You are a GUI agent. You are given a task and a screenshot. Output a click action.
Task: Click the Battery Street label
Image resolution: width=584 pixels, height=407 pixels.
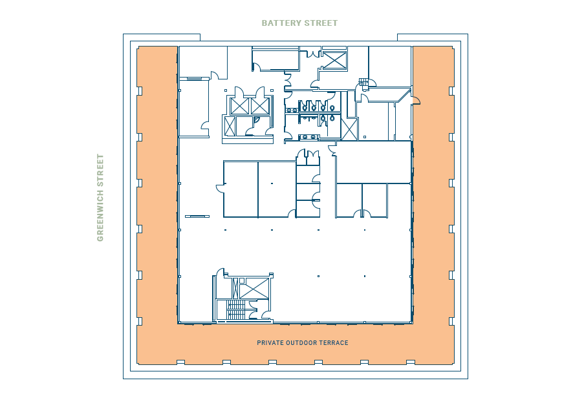click(x=299, y=23)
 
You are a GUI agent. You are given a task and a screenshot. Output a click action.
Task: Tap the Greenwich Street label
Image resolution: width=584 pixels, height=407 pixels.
click(x=100, y=197)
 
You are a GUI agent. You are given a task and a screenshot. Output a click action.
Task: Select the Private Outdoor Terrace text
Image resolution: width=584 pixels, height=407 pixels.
click(x=302, y=343)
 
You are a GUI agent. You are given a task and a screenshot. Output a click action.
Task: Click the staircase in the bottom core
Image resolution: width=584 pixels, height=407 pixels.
click(x=236, y=311)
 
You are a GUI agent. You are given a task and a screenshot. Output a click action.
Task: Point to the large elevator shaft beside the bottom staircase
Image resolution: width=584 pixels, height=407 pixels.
click(x=254, y=288)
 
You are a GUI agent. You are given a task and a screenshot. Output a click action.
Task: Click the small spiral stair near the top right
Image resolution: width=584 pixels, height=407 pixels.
click(x=363, y=82)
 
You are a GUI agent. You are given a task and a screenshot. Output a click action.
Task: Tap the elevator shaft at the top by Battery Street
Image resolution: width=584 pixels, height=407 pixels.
click(x=334, y=59)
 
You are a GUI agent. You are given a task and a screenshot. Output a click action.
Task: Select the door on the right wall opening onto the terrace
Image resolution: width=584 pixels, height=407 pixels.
click(x=415, y=99)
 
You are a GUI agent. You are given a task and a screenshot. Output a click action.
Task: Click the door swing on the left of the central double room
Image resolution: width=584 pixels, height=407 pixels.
click(x=220, y=188)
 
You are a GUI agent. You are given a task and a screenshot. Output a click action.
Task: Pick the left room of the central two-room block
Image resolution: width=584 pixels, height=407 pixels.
click(x=241, y=189)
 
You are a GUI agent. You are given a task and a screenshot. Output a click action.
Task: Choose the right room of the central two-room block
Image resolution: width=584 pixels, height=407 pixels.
click(x=276, y=189)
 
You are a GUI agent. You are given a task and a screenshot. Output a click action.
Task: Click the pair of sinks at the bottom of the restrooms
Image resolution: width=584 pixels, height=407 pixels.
click(x=309, y=137)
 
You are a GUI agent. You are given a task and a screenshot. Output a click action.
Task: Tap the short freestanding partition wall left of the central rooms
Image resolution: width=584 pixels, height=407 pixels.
click(x=197, y=216)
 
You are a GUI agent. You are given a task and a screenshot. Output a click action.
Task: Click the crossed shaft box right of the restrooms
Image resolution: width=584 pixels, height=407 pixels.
click(x=349, y=129)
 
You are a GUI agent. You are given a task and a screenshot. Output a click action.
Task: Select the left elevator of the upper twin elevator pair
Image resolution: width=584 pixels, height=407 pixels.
click(x=239, y=106)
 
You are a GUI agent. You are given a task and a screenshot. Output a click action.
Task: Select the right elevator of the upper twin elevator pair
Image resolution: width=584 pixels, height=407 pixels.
click(x=260, y=106)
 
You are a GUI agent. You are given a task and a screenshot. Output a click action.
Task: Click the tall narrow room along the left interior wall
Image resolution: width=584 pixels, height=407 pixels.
click(x=193, y=108)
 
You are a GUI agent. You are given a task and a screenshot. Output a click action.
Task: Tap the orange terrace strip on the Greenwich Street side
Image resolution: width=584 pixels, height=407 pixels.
click(x=157, y=194)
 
